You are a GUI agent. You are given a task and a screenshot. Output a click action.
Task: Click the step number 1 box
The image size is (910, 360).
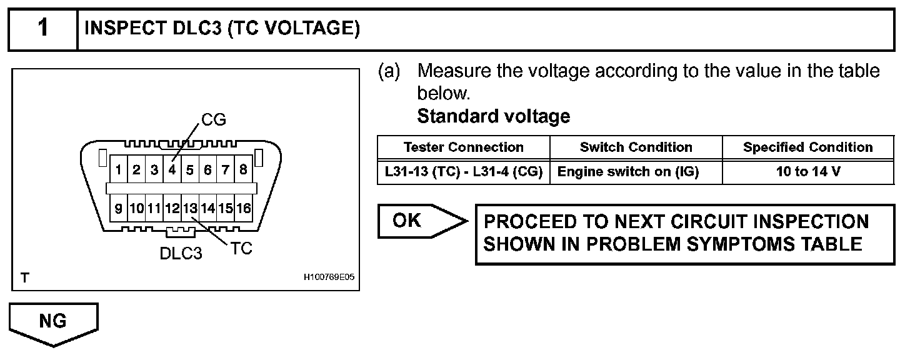[42, 29]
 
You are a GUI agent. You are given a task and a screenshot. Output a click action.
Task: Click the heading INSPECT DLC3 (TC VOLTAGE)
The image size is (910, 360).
[222, 29]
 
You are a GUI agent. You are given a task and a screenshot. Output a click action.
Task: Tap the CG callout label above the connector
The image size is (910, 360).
[214, 119]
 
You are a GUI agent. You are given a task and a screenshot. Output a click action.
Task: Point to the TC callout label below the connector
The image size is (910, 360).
[241, 249]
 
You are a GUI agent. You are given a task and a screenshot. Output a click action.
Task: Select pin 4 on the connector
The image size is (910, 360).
[172, 169]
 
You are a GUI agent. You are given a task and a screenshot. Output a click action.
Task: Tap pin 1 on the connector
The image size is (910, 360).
[118, 169]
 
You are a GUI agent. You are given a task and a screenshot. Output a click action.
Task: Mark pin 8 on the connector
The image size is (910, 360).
[244, 169]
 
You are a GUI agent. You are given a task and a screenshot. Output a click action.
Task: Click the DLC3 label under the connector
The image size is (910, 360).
[181, 254]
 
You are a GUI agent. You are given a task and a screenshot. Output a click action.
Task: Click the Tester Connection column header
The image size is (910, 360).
[463, 147]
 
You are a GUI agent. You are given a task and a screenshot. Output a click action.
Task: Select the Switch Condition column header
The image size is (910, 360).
[636, 147]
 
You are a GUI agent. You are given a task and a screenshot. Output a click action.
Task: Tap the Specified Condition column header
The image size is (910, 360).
[807, 147]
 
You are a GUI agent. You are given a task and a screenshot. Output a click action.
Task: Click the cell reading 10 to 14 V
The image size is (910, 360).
[807, 171]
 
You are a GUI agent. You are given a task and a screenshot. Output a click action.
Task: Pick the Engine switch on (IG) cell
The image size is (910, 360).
[636, 171]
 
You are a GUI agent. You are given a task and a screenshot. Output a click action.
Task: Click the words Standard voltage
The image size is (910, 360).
[493, 116]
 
